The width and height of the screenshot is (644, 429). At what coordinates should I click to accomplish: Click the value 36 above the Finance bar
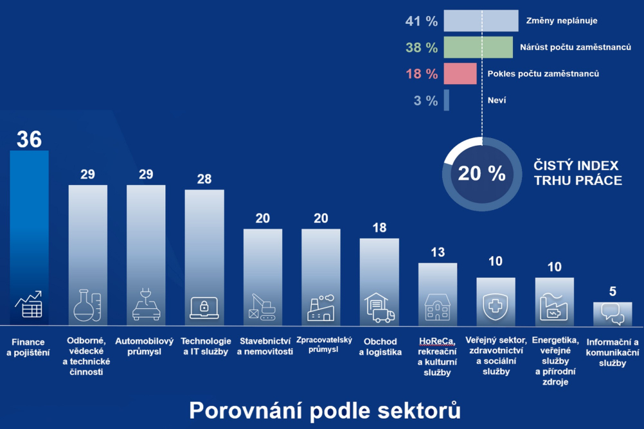click(29, 139)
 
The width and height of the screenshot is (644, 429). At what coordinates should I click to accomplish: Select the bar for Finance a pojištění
click(29, 238)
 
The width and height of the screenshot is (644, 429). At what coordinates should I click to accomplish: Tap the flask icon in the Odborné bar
click(87, 306)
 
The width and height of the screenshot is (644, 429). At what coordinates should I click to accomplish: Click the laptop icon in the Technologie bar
click(204, 307)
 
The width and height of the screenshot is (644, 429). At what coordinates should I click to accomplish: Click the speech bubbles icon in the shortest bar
click(613, 313)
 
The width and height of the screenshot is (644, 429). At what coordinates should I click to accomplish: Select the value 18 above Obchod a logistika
click(379, 227)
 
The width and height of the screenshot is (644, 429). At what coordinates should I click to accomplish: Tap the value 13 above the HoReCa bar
click(438, 252)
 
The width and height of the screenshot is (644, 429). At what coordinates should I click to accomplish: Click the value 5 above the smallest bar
click(613, 292)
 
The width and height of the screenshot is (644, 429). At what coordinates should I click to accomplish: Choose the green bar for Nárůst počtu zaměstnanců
click(478, 48)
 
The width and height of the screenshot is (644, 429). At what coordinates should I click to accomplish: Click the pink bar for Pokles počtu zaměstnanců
click(460, 74)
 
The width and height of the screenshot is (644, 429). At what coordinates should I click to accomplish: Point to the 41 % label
click(422, 21)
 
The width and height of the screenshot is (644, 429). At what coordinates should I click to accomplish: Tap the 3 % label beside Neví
click(425, 101)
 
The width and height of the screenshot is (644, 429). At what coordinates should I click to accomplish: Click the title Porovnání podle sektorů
click(325, 410)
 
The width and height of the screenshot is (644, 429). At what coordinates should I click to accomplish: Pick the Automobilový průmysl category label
click(146, 346)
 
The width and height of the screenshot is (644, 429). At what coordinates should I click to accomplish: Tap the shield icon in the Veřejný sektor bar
click(496, 308)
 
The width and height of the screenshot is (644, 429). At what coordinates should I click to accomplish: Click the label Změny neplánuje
click(562, 21)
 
